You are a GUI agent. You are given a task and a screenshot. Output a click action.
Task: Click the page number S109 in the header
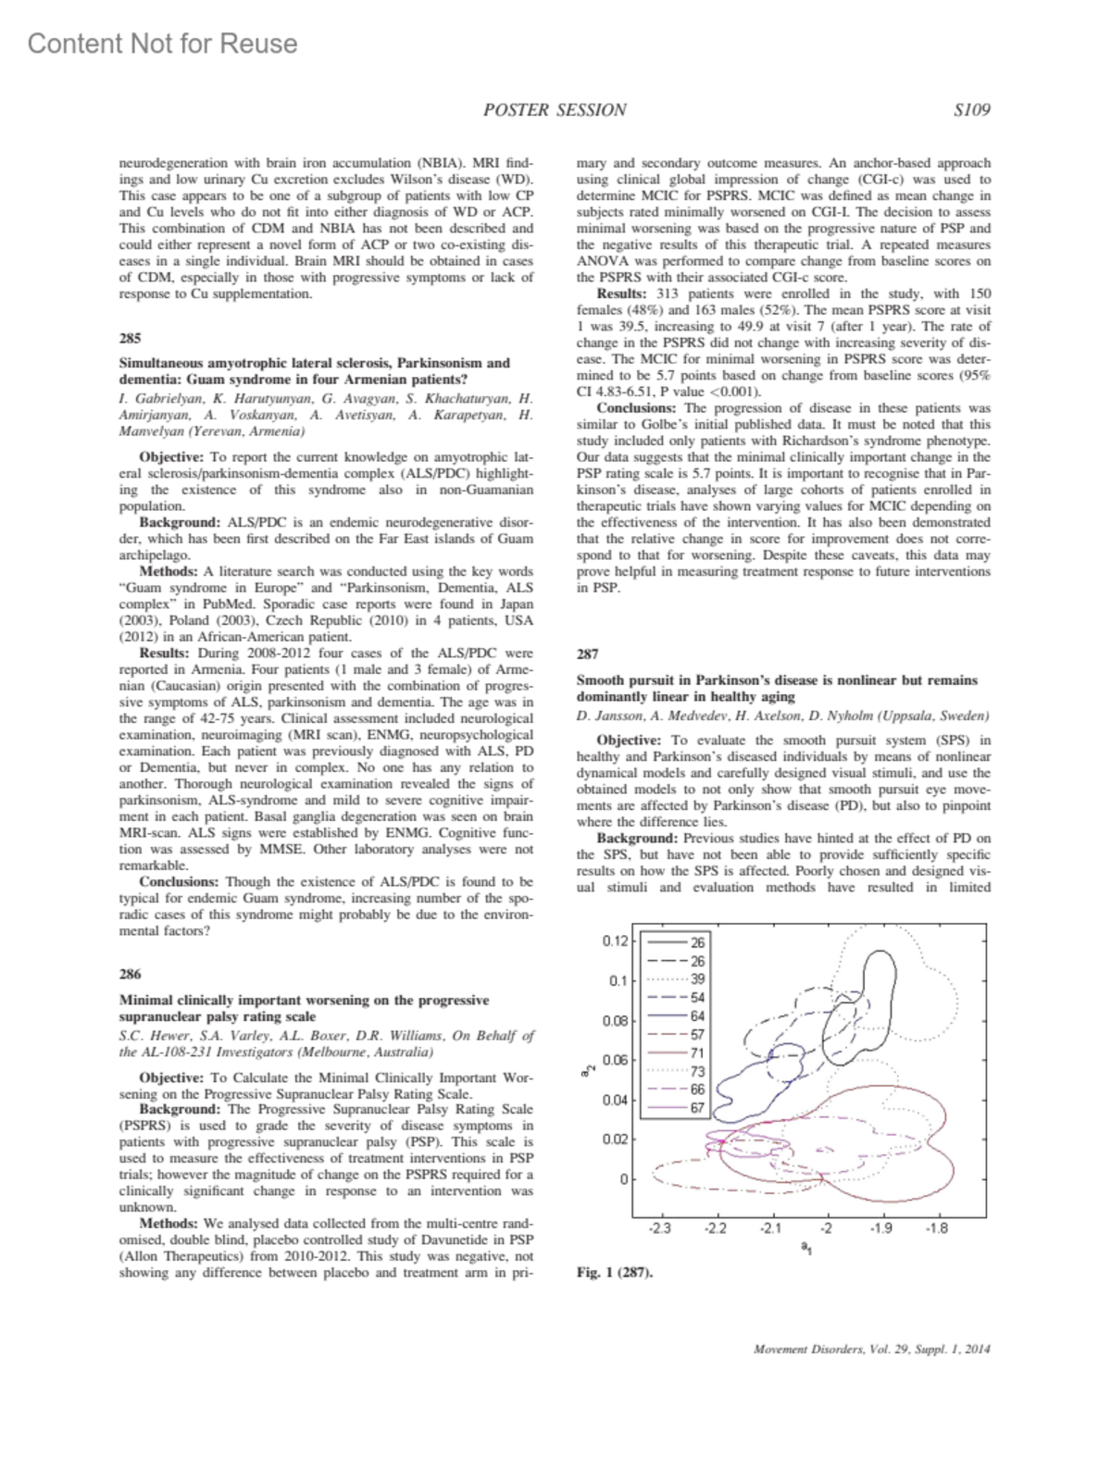[971, 110]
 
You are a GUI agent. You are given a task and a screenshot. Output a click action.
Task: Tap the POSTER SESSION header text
[555, 110]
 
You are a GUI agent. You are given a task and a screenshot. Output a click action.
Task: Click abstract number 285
[130, 338]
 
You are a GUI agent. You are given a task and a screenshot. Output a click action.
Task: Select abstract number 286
[130, 974]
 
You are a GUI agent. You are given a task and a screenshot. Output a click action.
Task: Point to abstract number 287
[587, 654]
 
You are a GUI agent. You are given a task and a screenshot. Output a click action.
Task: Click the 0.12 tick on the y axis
[615, 941]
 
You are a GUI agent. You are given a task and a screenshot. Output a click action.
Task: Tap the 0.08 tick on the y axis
[615, 1021]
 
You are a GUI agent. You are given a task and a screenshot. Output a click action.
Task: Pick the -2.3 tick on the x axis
[660, 1228]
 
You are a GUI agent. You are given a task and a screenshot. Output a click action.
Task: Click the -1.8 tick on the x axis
[937, 1228]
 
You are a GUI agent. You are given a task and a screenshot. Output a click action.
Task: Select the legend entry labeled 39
[697, 979]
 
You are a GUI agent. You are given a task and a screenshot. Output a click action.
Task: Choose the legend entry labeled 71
[697, 1052]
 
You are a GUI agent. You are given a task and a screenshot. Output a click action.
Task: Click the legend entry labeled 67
[697, 1108]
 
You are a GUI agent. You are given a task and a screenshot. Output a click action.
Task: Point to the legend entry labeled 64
[697, 1016]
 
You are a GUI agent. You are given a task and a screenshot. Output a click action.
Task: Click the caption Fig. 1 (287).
[614, 1272]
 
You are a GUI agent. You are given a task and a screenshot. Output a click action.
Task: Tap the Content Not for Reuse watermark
[163, 44]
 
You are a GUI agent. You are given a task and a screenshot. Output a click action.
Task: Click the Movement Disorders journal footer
[872, 1349]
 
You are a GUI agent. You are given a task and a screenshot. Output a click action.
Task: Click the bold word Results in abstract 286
[620, 293]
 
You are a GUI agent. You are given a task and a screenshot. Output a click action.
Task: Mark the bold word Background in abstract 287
[637, 839]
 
